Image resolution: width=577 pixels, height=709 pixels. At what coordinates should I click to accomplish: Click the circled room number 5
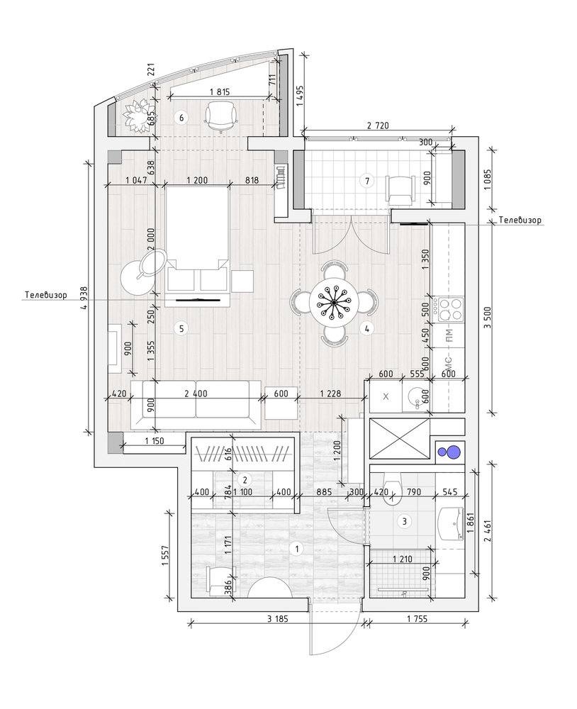click(181, 328)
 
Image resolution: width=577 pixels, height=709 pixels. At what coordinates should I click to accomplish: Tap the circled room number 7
click(367, 182)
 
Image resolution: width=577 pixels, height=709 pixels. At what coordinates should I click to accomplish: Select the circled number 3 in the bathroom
click(404, 521)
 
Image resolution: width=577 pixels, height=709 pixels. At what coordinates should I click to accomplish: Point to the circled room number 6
click(181, 118)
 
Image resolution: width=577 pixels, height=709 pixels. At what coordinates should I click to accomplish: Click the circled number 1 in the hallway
click(296, 549)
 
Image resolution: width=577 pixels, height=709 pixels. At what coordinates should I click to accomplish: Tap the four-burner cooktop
click(449, 310)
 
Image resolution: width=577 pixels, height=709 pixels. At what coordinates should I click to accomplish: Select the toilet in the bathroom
click(391, 489)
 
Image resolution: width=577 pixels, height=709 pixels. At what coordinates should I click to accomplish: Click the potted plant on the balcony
click(135, 116)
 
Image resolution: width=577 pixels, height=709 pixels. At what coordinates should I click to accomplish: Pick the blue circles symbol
click(449, 452)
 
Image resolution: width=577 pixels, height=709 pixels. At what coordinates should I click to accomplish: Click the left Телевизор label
click(45, 295)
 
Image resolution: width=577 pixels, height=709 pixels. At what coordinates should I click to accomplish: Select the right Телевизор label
click(520, 220)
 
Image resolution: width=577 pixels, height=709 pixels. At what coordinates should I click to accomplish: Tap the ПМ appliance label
click(449, 335)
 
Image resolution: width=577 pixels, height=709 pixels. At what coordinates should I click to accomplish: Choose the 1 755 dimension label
click(417, 618)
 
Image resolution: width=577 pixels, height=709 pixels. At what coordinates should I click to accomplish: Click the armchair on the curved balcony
click(222, 115)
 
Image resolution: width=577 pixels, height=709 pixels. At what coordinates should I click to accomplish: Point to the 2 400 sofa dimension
click(196, 393)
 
